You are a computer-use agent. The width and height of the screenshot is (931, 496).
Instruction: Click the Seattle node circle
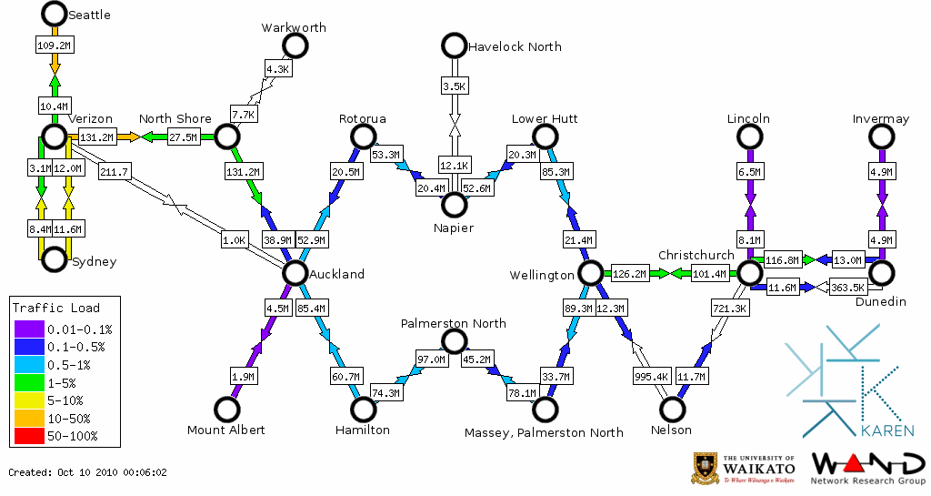tap(55, 14)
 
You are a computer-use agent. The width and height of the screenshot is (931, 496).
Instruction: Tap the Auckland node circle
tap(295, 273)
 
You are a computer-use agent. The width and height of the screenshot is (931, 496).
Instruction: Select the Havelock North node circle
tap(453, 46)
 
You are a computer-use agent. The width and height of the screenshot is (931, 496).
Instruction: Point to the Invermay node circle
tap(880, 137)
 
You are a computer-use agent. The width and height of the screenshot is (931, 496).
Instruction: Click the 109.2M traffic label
tap(55, 45)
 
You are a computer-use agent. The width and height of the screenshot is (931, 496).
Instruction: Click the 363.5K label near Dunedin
tap(847, 288)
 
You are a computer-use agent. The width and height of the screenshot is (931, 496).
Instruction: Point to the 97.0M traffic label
tap(431, 359)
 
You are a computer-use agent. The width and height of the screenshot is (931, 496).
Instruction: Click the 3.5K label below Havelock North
tap(453, 86)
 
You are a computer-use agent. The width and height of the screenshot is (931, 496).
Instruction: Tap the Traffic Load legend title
tap(56, 309)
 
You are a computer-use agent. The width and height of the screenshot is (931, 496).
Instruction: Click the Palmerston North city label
tap(454, 324)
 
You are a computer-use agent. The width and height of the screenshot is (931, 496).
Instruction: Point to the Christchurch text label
tap(696, 255)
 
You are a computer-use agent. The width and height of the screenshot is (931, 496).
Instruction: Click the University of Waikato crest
tap(706, 468)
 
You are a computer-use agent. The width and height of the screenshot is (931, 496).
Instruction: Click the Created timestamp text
tap(88, 472)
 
